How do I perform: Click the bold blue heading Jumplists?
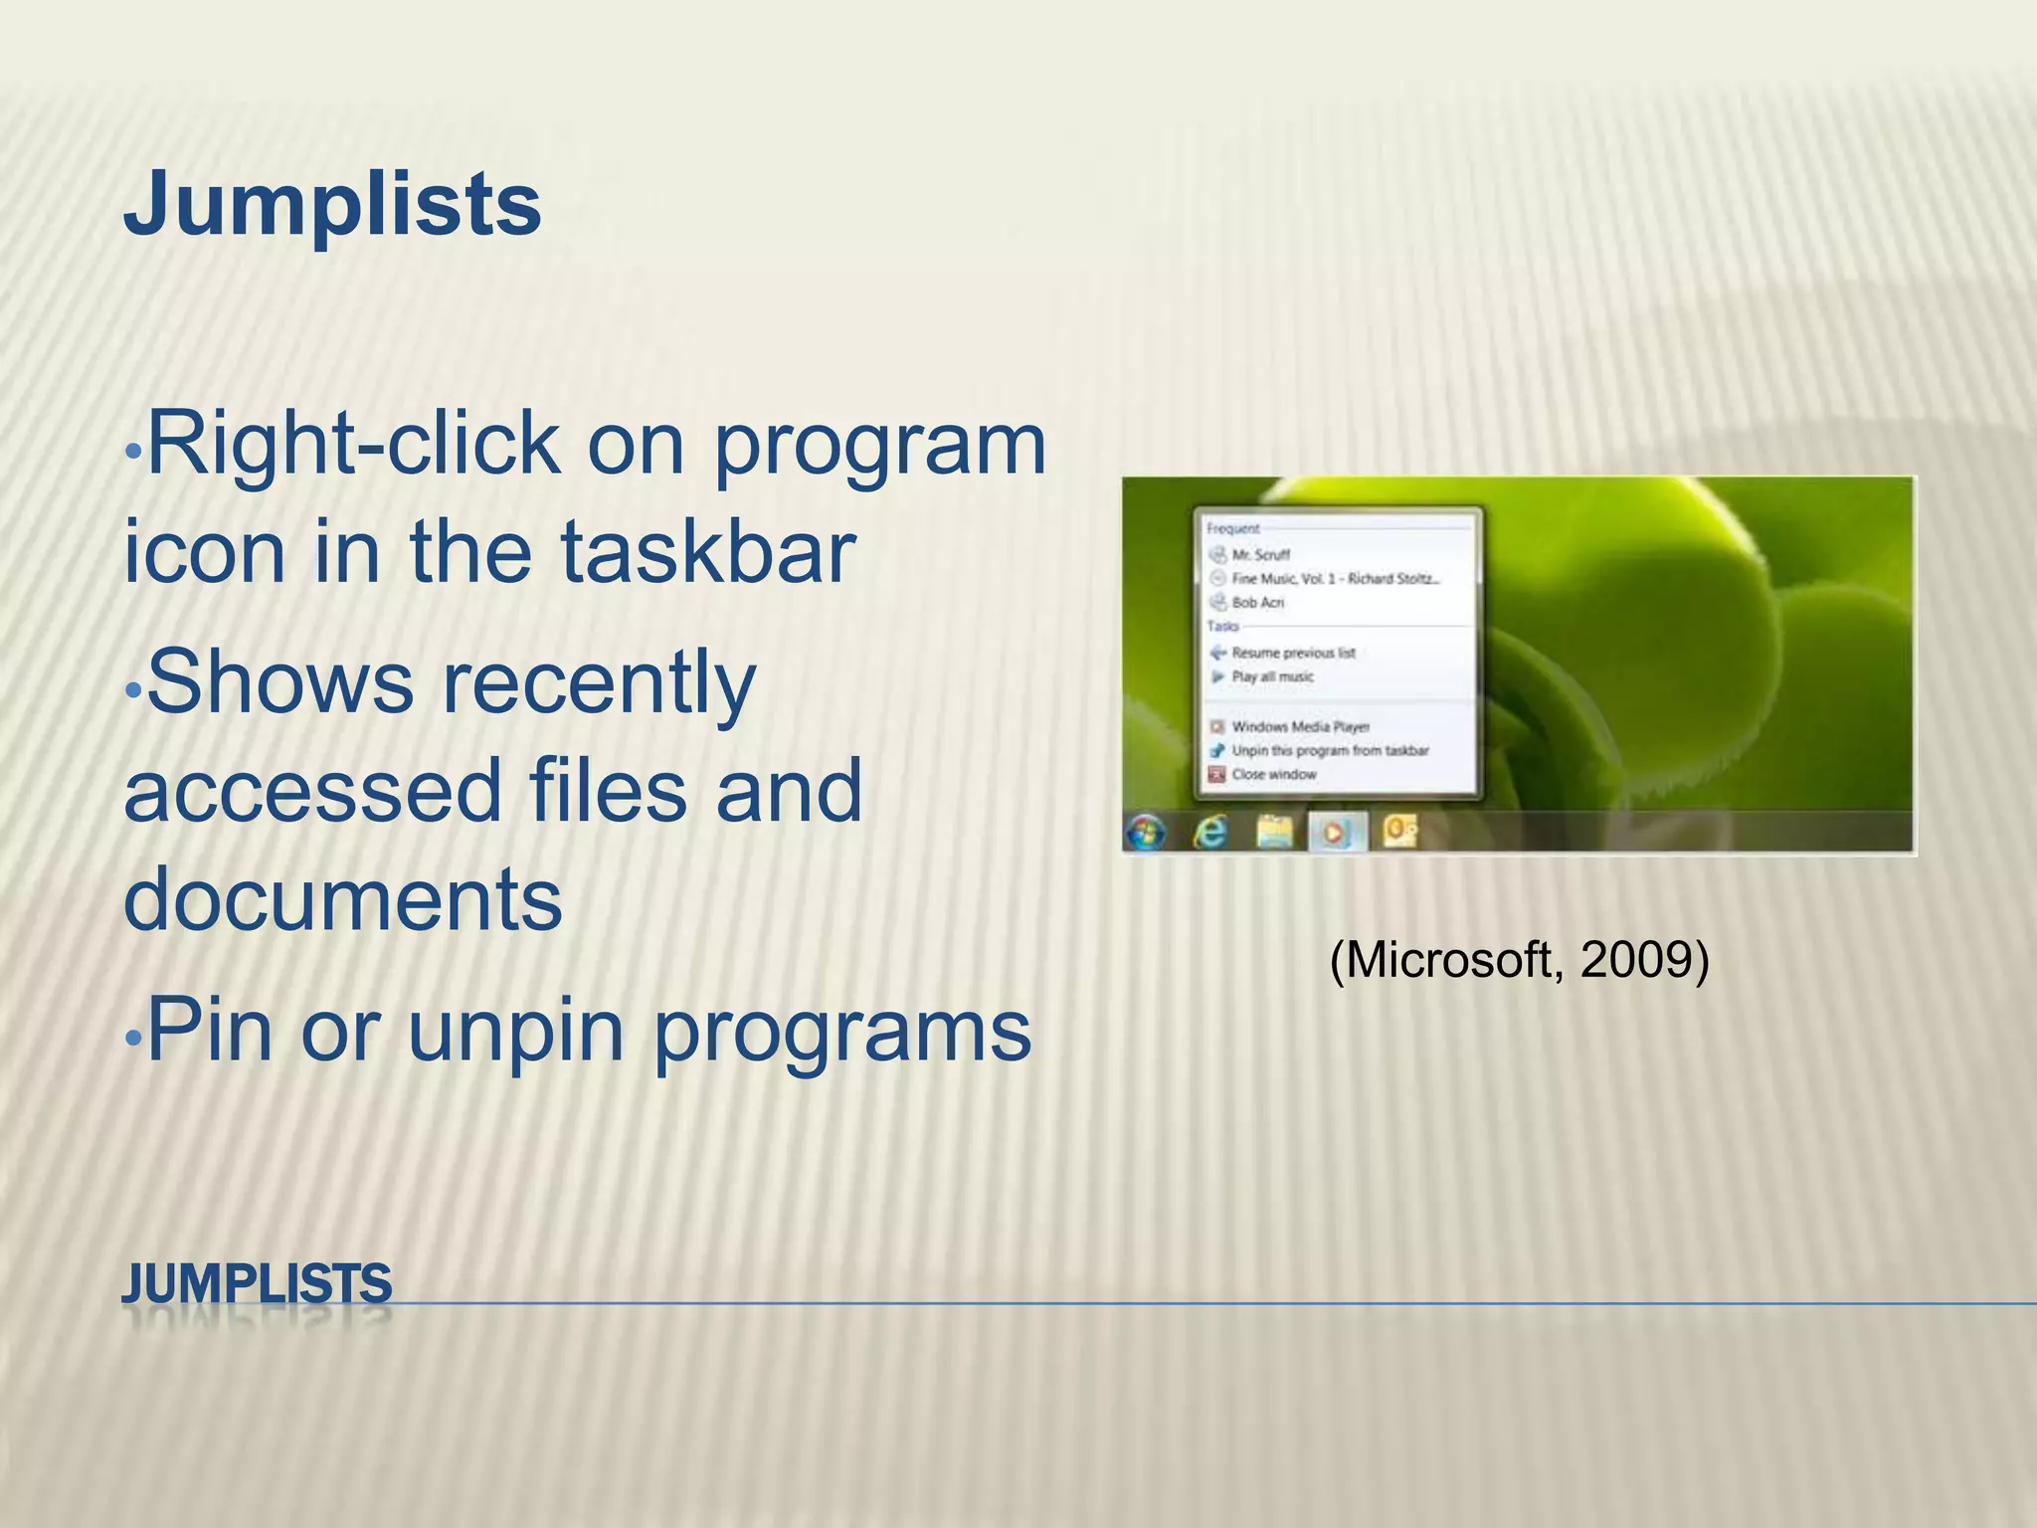tap(332, 206)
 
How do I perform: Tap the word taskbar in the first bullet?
tap(708, 552)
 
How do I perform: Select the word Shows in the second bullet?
tap(279, 683)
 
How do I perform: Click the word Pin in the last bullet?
tap(209, 1032)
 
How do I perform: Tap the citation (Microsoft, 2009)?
tap(1519, 961)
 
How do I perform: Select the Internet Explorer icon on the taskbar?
tap(1210, 832)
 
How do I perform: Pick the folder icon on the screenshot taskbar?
tap(1274, 832)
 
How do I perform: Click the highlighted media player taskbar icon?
tap(1337, 832)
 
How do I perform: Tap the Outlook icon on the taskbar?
tap(1399, 832)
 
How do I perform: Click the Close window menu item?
tap(1273, 775)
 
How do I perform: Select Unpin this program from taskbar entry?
tap(1329, 751)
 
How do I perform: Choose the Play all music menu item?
tap(1272, 677)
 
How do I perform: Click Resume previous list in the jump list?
tap(1292, 654)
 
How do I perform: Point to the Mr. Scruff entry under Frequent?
tap(1260, 555)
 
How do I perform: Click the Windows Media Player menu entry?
tap(1300, 727)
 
